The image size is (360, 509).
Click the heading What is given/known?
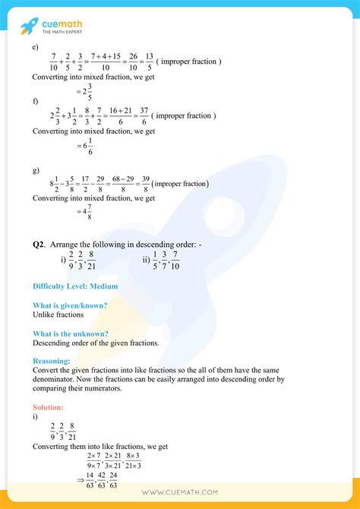(x=69, y=305)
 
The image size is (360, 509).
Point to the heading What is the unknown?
(x=70, y=334)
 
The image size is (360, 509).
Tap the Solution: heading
(x=48, y=407)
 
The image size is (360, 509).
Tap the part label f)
(x=36, y=101)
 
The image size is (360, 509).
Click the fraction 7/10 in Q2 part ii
(x=175, y=261)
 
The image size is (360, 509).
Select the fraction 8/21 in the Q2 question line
(x=92, y=261)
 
